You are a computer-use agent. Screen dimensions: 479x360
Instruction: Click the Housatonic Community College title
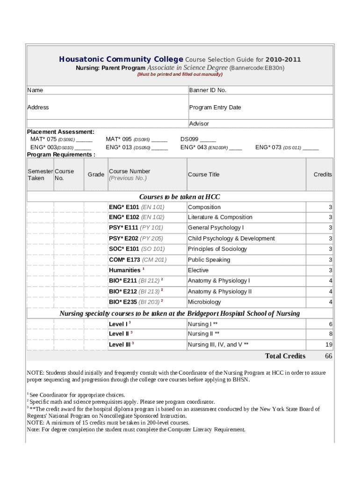(x=121, y=59)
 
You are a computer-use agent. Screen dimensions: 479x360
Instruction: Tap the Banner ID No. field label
(x=208, y=90)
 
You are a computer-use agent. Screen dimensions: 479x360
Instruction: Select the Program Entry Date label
(x=215, y=108)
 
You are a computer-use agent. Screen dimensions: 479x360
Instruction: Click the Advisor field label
(x=199, y=124)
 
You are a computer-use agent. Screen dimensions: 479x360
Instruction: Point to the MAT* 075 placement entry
(x=61, y=139)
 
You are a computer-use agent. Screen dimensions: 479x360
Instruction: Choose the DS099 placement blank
(x=198, y=139)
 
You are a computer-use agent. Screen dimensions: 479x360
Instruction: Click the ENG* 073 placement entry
(x=287, y=147)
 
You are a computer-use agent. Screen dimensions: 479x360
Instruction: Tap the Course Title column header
(x=203, y=174)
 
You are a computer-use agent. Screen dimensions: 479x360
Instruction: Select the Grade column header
(x=96, y=174)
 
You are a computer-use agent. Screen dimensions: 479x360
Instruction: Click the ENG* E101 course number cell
(x=137, y=207)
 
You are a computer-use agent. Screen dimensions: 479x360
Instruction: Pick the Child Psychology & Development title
(x=231, y=239)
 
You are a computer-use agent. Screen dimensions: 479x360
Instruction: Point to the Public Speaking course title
(x=209, y=260)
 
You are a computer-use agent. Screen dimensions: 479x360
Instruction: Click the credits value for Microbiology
(x=330, y=302)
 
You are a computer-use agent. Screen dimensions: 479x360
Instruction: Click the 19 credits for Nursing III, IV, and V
(x=329, y=345)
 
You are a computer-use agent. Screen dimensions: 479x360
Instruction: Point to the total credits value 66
(x=328, y=356)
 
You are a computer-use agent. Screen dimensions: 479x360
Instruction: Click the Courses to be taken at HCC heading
(x=180, y=197)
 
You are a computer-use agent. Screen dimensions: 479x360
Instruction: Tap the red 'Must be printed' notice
(x=180, y=74)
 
